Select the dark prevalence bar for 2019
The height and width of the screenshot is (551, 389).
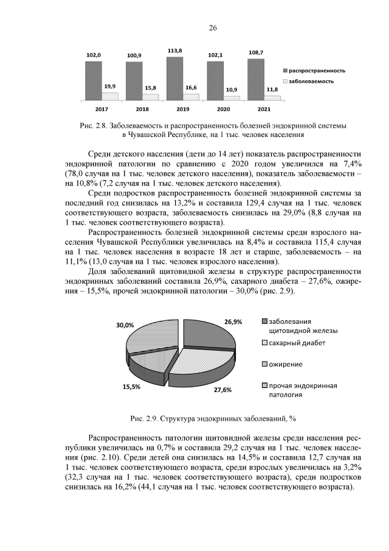(x=174, y=78)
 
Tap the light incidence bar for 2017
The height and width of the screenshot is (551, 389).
(x=110, y=96)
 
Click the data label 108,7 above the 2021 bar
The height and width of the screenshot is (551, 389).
(x=256, y=53)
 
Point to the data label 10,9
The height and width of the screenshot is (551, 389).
(x=232, y=89)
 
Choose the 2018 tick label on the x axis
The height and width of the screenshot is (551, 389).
(x=142, y=108)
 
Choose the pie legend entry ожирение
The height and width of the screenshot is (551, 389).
(x=286, y=364)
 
